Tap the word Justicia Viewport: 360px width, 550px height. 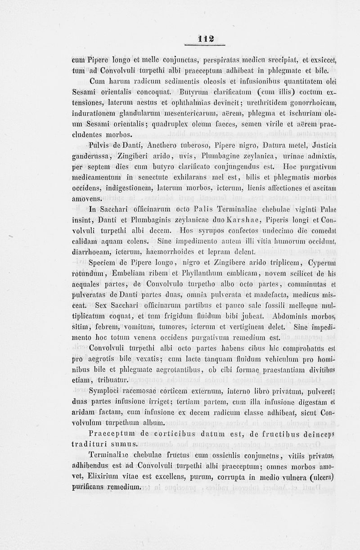pos(324,144)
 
